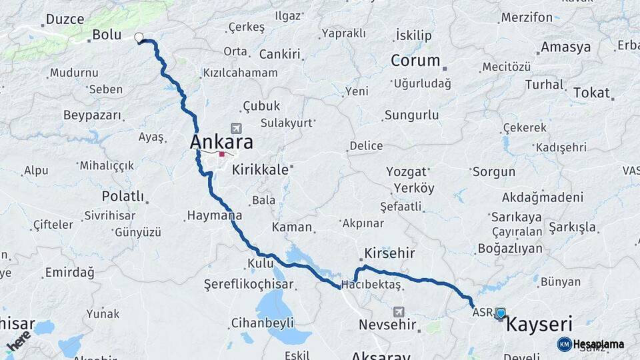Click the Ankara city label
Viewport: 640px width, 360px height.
221,142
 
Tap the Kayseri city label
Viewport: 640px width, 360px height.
539,325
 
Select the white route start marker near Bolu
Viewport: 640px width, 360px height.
139,37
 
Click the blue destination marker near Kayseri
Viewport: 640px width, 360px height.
501,313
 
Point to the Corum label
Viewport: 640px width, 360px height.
415,61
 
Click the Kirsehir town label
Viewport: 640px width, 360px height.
389,253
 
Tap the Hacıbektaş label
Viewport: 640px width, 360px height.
371,285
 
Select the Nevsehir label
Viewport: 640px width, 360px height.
387,325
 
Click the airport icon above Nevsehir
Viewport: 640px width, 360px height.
399,311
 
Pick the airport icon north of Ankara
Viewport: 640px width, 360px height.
235,128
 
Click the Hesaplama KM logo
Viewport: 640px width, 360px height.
591,344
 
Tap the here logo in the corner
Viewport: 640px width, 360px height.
19,340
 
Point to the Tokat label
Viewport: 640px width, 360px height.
591,93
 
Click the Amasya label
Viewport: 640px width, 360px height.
565,47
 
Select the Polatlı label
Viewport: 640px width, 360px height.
123,196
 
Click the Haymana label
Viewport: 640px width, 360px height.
213,216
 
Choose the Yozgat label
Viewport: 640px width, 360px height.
406,171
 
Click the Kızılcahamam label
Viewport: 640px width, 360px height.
240,73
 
